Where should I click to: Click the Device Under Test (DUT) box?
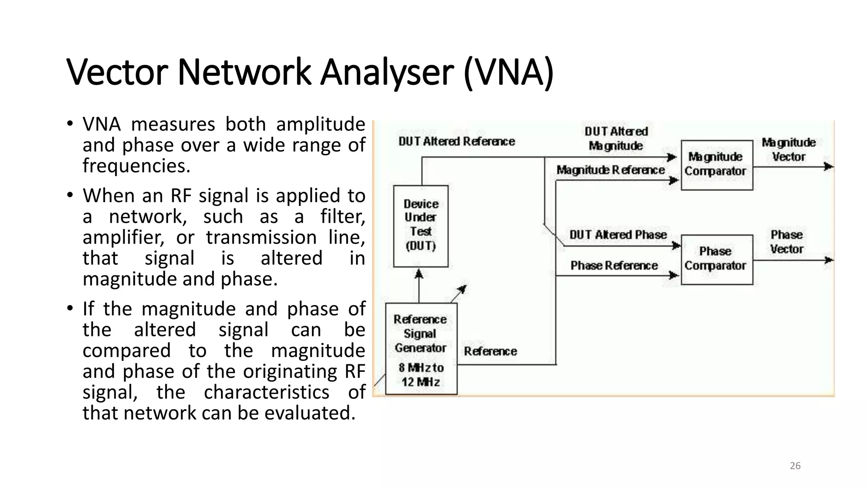[420, 226]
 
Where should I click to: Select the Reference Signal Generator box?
[421, 348]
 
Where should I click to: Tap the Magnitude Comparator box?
[716, 165]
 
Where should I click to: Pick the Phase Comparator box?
[716, 259]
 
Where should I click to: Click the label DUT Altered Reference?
[457, 141]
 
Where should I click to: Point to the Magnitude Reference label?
[610, 170]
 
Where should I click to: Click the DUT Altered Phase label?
[618, 235]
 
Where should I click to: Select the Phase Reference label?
[614, 266]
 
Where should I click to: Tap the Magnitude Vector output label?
[789, 150]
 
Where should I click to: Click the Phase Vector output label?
[787, 242]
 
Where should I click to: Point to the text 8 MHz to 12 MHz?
[421, 375]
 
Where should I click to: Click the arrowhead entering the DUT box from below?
[419, 274]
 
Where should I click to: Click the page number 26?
[795, 466]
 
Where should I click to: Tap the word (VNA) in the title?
[508, 72]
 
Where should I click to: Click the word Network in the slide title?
[244, 72]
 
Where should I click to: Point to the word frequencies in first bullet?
[136, 166]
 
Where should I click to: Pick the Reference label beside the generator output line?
[490, 351]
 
